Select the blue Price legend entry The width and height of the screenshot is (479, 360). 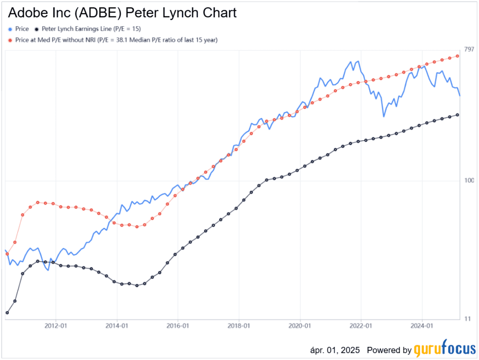(x=19, y=29)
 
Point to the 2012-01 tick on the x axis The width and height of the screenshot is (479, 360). (x=56, y=325)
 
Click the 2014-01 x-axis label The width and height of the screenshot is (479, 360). (x=117, y=325)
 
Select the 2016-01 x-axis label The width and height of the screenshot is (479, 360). (x=178, y=325)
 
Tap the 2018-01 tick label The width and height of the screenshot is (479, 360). (x=239, y=325)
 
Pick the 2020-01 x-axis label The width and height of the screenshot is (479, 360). (x=300, y=325)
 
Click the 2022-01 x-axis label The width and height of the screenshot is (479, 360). (x=361, y=325)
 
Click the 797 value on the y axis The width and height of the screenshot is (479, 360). (x=469, y=50)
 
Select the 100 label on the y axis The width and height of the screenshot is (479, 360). (x=469, y=181)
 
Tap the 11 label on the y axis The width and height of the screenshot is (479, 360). (x=467, y=319)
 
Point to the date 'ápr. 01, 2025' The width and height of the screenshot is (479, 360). (x=336, y=350)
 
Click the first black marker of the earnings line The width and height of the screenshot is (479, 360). (x=7, y=312)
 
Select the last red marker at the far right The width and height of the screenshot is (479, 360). (x=457, y=56)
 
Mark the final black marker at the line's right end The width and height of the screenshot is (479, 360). (x=457, y=115)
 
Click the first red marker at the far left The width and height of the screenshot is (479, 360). (x=7, y=254)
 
